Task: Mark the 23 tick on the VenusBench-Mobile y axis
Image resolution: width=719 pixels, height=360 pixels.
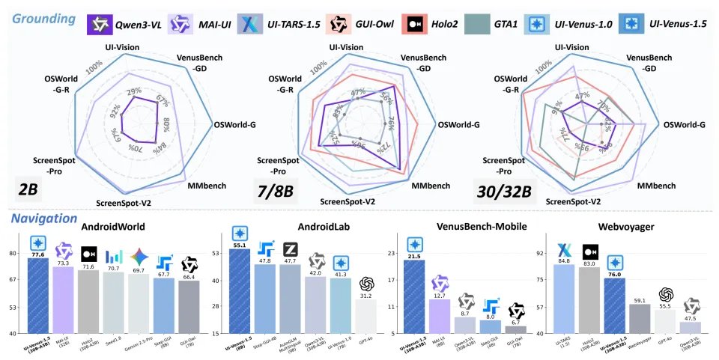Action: [394, 254]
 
